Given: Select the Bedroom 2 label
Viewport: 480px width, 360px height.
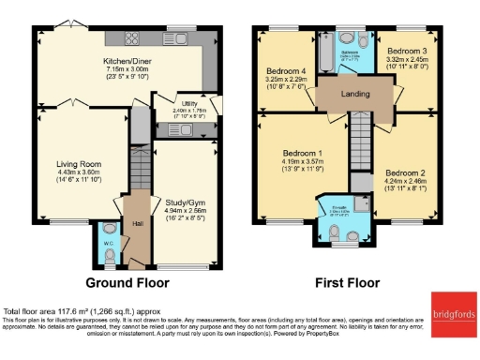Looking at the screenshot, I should click(405, 172).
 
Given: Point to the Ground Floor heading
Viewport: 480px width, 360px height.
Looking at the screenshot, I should click(127, 282).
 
